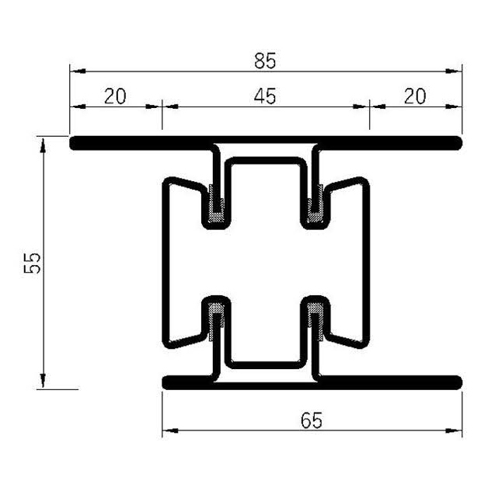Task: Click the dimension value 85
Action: tap(265, 59)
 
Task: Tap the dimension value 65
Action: tap(311, 420)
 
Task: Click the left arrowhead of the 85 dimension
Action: tap(75, 71)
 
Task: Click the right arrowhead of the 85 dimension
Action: tap(456, 71)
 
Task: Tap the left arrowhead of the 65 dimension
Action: tap(168, 430)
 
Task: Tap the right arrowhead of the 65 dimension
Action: tap(456, 430)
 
